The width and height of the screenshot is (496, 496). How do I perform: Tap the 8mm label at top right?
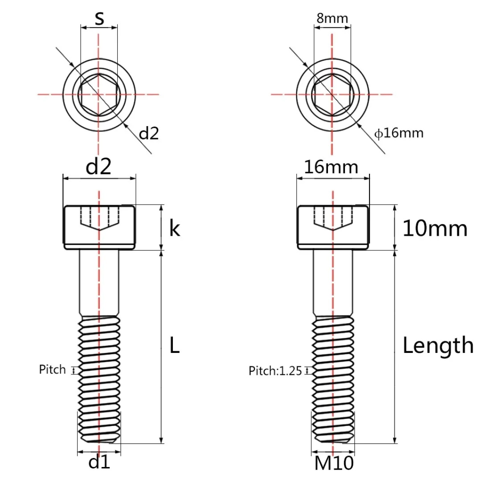pos(332,18)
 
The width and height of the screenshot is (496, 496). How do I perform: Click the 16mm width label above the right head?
pos(331,167)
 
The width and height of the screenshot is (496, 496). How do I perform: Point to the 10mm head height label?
pos(435,229)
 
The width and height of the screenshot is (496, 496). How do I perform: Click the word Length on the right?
pos(438,345)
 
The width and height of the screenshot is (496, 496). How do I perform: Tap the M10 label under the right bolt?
pos(334,463)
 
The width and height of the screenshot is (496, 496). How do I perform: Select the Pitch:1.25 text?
pos(275,370)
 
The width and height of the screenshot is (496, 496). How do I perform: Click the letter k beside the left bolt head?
pos(175,229)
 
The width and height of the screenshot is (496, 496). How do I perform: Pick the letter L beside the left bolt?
pos(175,345)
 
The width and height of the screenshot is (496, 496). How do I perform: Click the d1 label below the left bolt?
pos(99,462)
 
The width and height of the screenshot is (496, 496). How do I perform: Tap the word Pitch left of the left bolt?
pos(52,369)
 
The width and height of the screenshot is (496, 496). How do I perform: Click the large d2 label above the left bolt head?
pos(98,167)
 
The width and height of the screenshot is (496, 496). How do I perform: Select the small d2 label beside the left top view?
pos(149,133)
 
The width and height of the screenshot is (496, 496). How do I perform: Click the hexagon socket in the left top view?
pos(99,94)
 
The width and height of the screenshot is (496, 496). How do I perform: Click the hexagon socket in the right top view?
pos(332,94)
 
